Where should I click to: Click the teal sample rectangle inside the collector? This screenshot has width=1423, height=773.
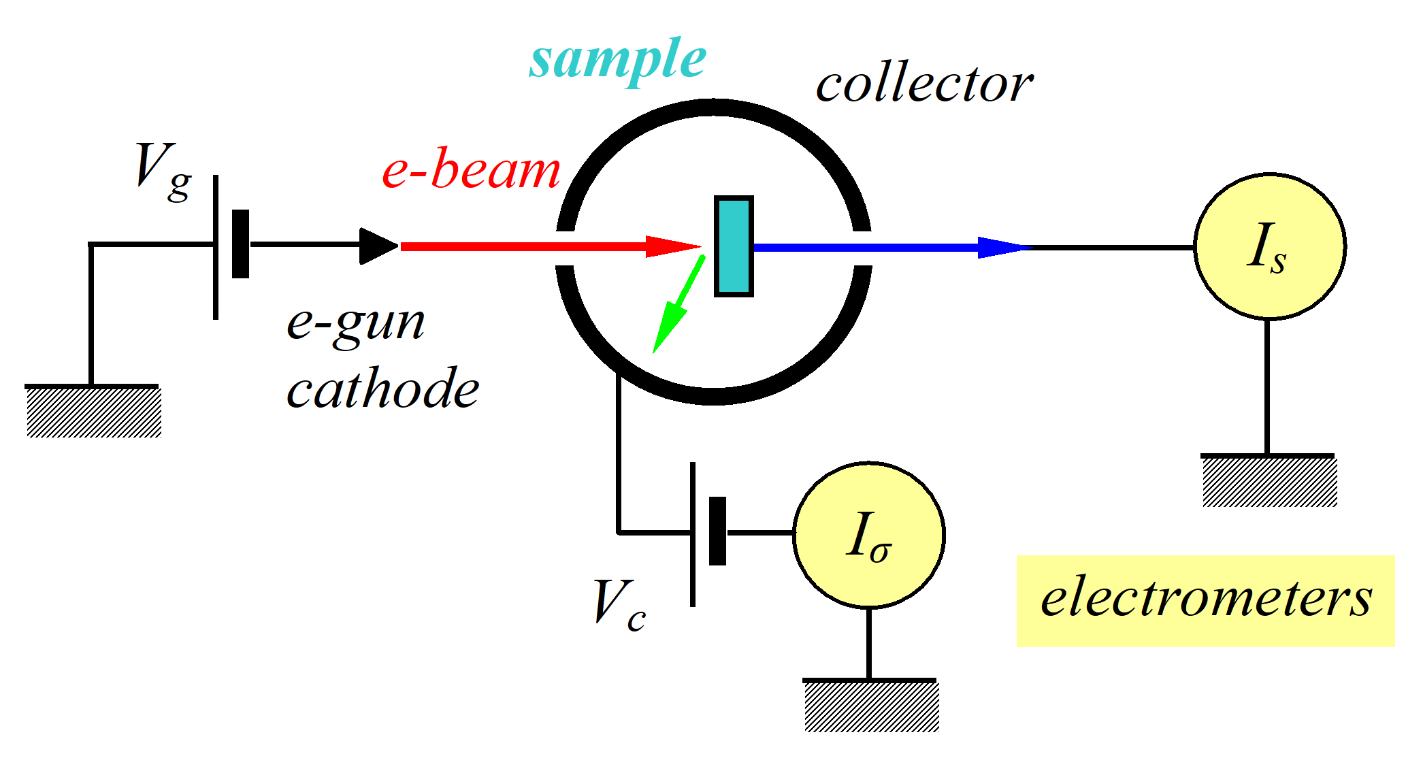(x=734, y=246)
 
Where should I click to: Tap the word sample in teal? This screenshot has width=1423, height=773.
(x=618, y=60)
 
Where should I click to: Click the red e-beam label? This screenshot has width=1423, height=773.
(x=471, y=169)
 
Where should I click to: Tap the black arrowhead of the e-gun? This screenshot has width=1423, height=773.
(x=377, y=246)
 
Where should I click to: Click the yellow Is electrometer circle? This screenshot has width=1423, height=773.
(x=1270, y=246)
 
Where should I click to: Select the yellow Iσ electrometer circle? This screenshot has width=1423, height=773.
(x=869, y=535)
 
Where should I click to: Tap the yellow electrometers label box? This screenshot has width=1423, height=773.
(x=1205, y=600)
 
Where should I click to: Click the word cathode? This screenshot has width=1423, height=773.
(x=383, y=389)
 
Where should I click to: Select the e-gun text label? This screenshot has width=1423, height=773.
(x=356, y=324)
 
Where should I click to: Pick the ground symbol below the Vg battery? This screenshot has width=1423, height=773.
(x=93, y=410)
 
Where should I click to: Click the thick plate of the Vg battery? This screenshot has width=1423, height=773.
(x=240, y=244)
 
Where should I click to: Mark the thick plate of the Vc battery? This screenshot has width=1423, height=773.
(x=717, y=531)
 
